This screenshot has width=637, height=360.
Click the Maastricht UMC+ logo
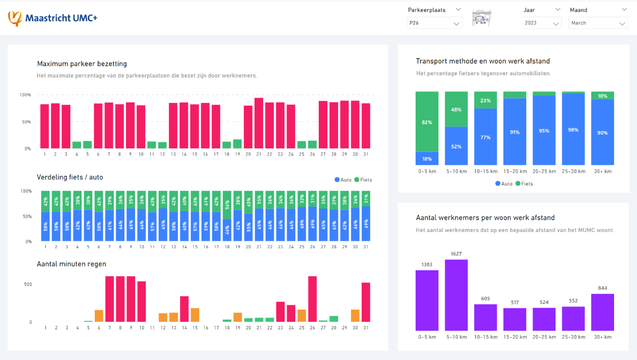pyautogui.click(x=53, y=18)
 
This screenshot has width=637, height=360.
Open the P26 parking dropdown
pyautogui.click(x=435, y=23)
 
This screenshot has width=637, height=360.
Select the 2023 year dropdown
pyautogui.click(x=542, y=23)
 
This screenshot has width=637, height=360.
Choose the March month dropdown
pyautogui.click(x=598, y=23)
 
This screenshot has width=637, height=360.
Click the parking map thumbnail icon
pyautogui.click(x=481, y=18)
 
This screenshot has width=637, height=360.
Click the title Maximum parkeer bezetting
pyautogui.click(x=82, y=64)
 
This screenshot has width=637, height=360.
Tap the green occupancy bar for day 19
pyautogui.click(x=237, y=144)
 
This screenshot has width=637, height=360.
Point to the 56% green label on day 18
pyautogui.click(x=226, y=205)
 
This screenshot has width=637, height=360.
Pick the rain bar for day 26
pyautogui.click(x=312, y=299)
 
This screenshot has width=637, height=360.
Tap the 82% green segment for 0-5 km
pyautogui.click(x=427, y=121)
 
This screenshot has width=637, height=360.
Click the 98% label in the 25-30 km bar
pyautogui.click(x=573, y=130)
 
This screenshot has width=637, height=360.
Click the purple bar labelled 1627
pyautogui.click(x=456, y=295)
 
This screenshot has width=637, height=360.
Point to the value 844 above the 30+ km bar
pyautogui.click(x=602, y=288)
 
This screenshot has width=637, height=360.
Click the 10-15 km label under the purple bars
pyautogui.click(x=485, y=337)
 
